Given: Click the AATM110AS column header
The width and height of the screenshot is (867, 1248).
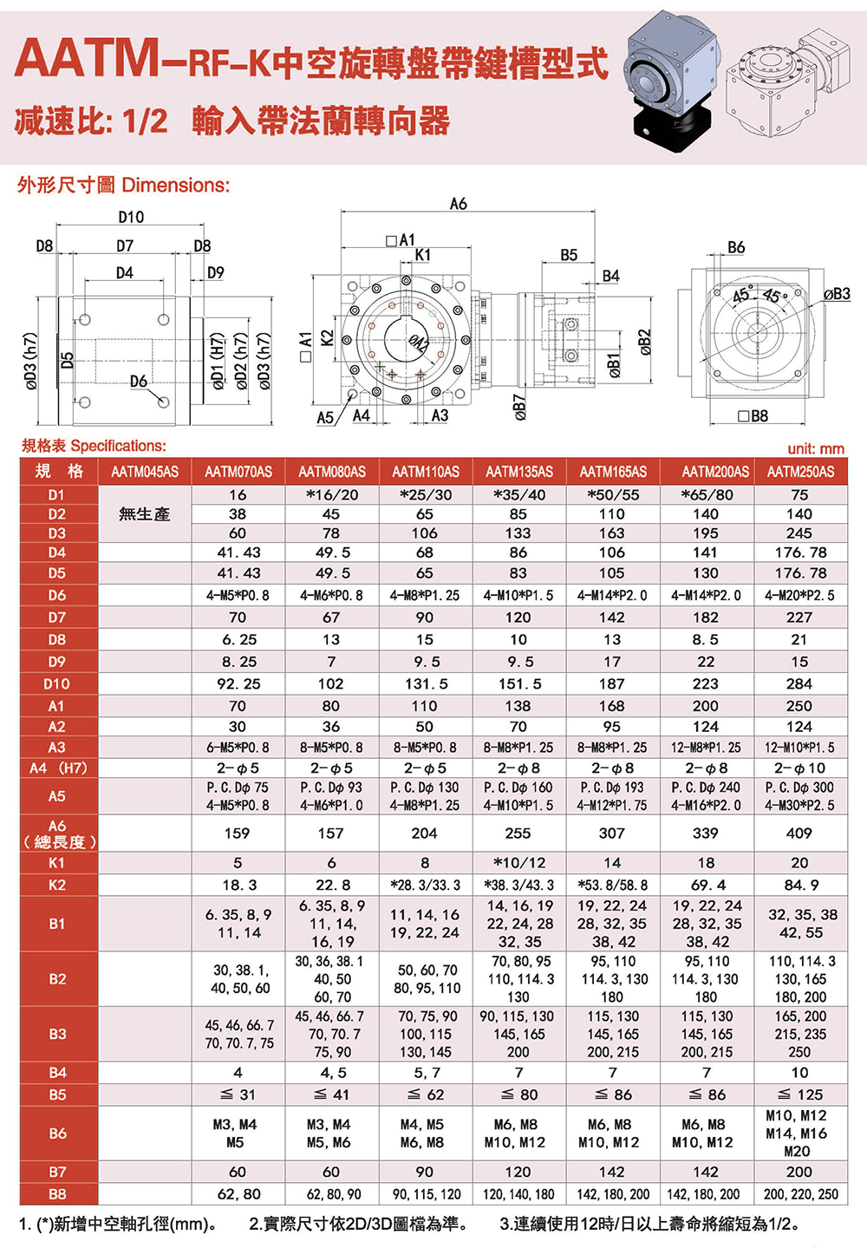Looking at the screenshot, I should pyautogui.click(x=425, y=472).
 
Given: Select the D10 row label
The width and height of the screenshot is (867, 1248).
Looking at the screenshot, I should pyautogui.click(x=57, y=683).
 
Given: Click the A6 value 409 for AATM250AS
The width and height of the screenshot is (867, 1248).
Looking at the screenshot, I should pyautogui.click(x=799, y=833).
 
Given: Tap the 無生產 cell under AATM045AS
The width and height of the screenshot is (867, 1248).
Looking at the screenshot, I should pyautogui.click(x=144, y=514).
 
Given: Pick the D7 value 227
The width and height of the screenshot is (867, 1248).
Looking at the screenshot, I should pyautogui.click(x=799, y=617).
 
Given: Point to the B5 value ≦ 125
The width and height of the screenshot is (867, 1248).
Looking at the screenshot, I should pyautogui.click(x=799, y=1094).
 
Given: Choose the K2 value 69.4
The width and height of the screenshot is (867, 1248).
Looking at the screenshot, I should pyautogui.click(x=706, y=885).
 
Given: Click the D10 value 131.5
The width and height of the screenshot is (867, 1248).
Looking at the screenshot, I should pyautogui.click(x=425, y=683).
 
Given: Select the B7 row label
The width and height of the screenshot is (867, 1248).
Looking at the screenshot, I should pyautogui.click(x=57, y=1172).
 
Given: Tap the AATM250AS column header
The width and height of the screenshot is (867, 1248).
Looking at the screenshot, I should pyautogui.click(x=799, y=472).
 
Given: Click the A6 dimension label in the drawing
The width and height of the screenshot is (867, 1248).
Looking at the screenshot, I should pyautogui.click(x=459, y=204).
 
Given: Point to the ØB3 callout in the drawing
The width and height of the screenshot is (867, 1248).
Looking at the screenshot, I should pyautogui.click(x=836, y=294).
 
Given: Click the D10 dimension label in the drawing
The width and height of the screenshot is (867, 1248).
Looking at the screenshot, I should pyautogui.click(x=131, y=217).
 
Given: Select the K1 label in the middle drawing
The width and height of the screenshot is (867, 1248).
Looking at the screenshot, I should pyautogui.click(x=422, y=255).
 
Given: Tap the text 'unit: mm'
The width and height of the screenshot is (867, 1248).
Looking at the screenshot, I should pyautogui.click(x=815, y=448).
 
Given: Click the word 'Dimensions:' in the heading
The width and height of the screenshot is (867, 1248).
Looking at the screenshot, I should pyautogui.click(x=175, y=185).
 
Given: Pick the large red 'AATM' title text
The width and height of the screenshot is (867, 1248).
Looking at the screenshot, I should pyautogui.click(x=87, y=59).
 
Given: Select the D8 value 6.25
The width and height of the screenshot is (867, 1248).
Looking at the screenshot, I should pyautogui.click(x=238, y=639).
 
